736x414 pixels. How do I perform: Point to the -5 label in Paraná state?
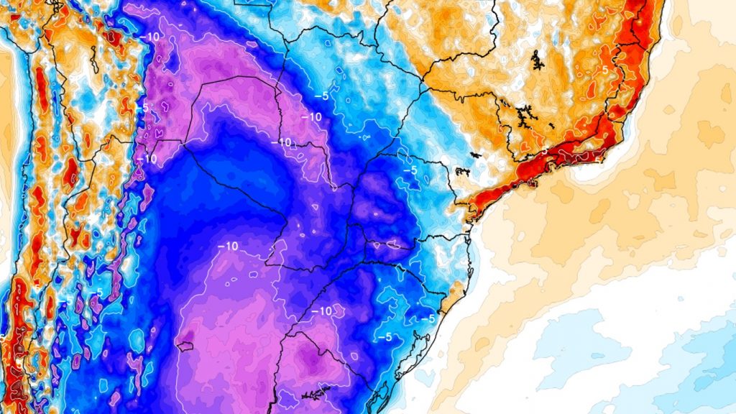[x=410, y=171]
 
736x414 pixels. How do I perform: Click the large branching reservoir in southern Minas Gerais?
[x=525, y=114]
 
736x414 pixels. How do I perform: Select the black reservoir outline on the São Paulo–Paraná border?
[x=460, y=171]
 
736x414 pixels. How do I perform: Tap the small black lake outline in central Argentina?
[x=185, y=346]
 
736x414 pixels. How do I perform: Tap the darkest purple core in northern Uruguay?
[x=310, y=357]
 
